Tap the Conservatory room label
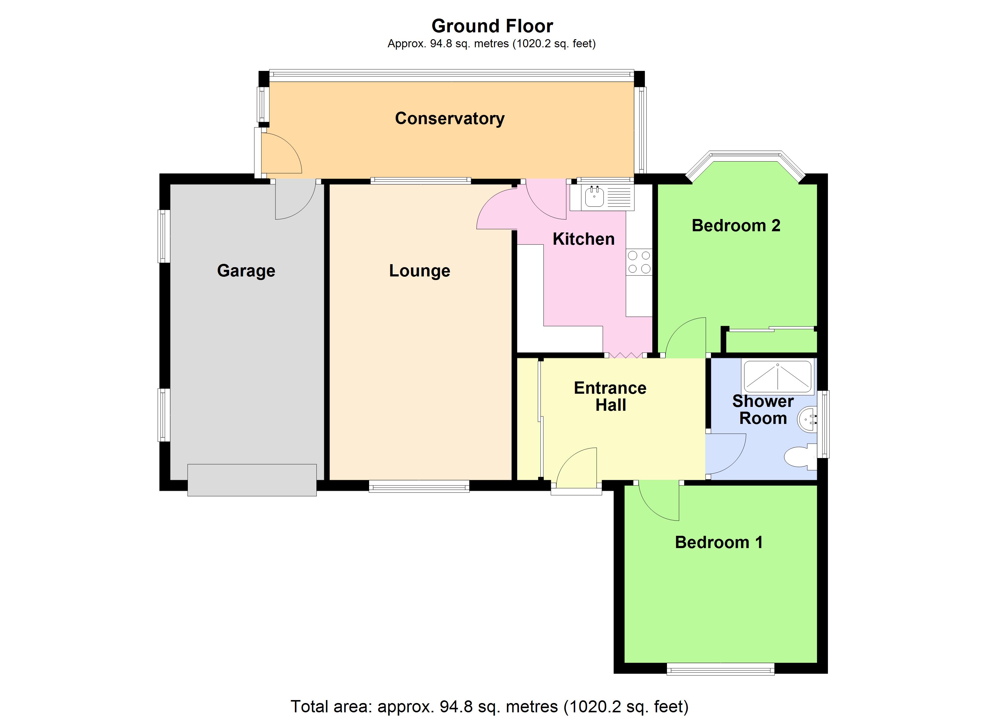(450, 118)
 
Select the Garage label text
(246, 271)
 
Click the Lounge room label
(420, 271)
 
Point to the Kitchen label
(583, 239)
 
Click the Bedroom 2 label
(736, 226)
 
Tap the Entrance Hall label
(610, 396)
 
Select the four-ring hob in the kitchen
(639, 262)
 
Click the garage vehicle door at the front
(252, 480)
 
